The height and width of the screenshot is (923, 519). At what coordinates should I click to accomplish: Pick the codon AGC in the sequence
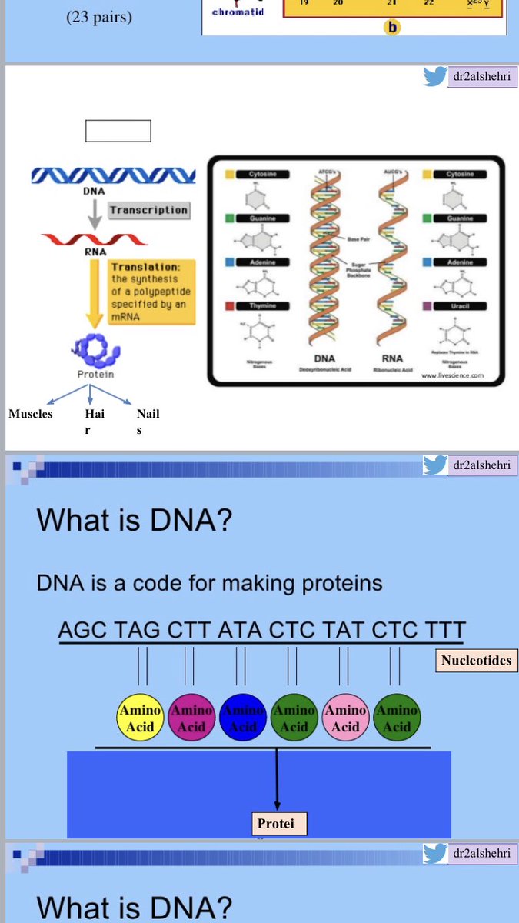click(x=84, y=630)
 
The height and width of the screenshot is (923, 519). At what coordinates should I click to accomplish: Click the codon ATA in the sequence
click(x=240, y=630)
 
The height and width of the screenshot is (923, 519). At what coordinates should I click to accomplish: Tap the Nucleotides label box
click(x=476, y=660)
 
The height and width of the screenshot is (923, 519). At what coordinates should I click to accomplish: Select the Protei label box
click(x=276, y=824)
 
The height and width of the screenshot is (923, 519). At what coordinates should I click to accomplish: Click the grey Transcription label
click(x=148, y=210)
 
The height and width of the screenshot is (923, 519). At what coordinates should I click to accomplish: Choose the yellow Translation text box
click(x=152, y=292)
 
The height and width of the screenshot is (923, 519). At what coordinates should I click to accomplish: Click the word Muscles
click(x=31, y=414)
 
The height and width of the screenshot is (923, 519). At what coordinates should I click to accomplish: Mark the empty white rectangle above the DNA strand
click(x=118, y=131)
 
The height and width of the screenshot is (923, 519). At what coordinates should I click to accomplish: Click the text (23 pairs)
click(x=98, y=16)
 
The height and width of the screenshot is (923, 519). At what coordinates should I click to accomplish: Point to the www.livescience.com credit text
click(x=452, y=376)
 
